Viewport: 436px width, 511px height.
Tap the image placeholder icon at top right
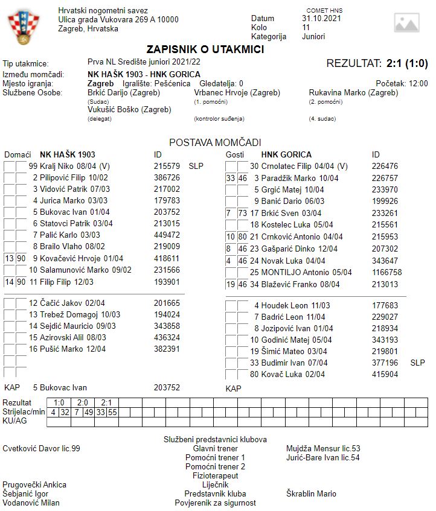point(406,22)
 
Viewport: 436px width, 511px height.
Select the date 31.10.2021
point(321,18)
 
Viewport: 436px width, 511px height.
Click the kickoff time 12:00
point(418,84)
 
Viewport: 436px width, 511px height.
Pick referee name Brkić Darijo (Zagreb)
point(124,93)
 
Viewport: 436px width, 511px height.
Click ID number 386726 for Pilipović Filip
point(167,177)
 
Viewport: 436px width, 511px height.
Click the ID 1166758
point(387,272)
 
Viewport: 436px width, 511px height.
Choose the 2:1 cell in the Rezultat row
point(106,402)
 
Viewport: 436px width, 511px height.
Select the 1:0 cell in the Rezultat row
point(59,402)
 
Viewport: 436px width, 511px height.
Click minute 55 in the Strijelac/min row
point(112,412)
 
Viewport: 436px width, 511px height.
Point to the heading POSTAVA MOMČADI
point(215,142)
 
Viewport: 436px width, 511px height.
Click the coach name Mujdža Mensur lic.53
point(323,448)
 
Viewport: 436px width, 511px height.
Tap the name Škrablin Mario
point(311,494)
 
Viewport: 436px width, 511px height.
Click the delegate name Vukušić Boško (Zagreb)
point(129,110)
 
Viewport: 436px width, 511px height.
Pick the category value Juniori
point(313,36)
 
